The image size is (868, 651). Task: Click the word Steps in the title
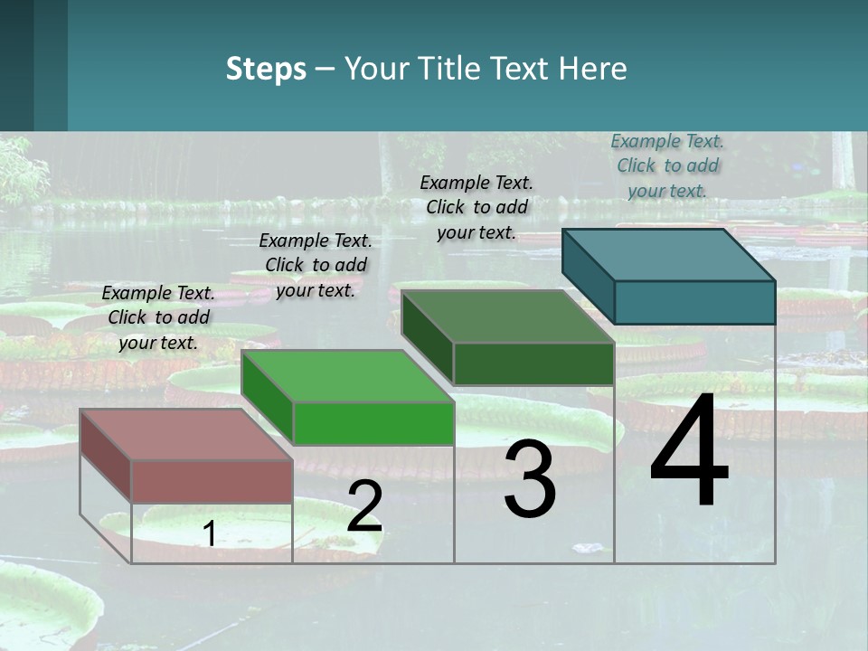266,69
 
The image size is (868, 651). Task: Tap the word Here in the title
593,69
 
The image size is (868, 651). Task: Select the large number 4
689,452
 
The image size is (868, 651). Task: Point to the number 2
364,506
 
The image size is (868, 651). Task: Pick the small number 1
209,533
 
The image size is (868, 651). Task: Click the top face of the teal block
669,255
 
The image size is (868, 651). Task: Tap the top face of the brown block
186,435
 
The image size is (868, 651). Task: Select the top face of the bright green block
347,376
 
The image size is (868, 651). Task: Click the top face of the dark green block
508,316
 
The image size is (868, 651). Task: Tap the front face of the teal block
694,302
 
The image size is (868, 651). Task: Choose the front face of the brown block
212,481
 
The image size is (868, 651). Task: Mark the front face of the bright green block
373,423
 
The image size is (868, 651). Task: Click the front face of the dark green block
533,363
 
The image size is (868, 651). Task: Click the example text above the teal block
667,165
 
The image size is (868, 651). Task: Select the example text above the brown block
158,317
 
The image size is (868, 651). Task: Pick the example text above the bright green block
316,265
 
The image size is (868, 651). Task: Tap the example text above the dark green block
476,207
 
